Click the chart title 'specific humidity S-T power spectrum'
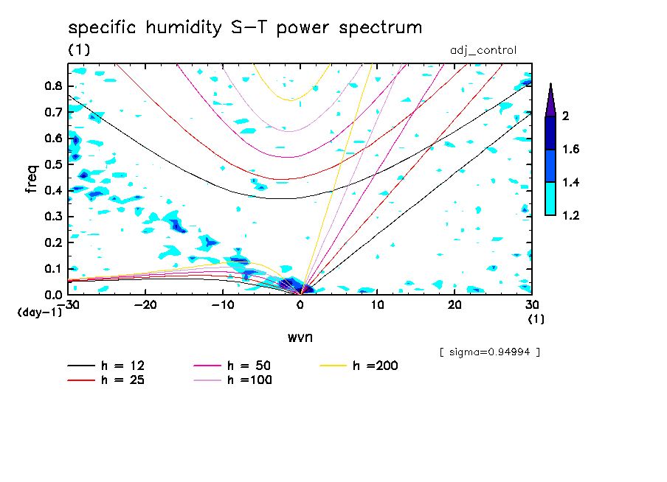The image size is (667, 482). [x=245, y=29]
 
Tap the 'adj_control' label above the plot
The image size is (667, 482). [x=483, y=50]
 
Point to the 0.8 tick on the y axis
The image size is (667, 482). [x=52, y=85]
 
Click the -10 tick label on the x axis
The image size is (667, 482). [x=222, y=305]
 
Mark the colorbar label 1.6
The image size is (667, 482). [x=570, y=150]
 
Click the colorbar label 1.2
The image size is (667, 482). [x=570, y=216]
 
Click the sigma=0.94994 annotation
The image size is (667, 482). [x=490, y=352]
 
